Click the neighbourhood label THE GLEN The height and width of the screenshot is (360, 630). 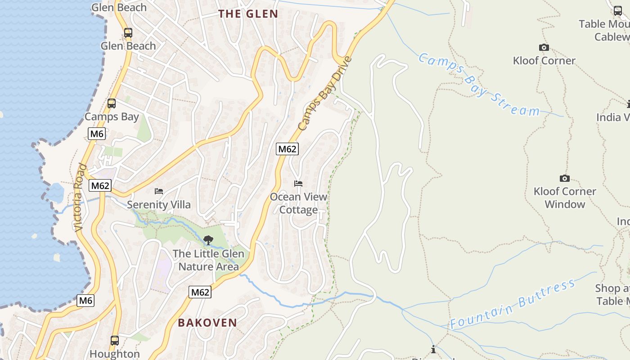[248, 14]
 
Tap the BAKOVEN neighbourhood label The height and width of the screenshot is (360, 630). [207, 323]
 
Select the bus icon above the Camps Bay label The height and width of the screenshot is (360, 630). [112, 103]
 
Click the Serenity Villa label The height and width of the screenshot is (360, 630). [159, 205]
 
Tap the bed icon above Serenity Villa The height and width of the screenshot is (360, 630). [159, 191]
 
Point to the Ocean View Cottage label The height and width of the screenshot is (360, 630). [298, 203]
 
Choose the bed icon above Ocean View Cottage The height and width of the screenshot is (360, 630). [298, 184]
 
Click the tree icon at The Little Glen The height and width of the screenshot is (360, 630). [208, 240]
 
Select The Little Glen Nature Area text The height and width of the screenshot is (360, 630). [209, 260]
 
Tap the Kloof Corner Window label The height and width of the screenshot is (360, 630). [564, 198]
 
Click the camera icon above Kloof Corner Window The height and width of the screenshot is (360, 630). [564, 179]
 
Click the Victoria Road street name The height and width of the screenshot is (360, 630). [80, 198]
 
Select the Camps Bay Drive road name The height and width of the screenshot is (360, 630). [324, 94]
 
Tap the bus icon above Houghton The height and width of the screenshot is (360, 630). [115, 340]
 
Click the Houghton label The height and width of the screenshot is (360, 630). [115, 354]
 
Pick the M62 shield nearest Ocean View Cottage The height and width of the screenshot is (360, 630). [287, 149]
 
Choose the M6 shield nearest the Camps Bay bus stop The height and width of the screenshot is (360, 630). [97, 134]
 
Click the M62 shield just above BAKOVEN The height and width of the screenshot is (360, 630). [200, 292]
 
